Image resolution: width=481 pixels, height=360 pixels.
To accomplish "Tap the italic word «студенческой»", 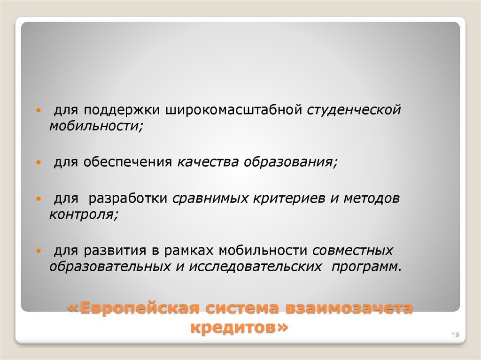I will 355,110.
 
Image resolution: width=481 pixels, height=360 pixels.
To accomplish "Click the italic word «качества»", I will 207,162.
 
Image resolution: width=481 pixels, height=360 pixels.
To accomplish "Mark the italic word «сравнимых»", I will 210,199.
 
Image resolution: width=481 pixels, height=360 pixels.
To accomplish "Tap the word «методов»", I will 371,199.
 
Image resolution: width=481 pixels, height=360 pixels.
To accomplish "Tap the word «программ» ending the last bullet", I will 367,267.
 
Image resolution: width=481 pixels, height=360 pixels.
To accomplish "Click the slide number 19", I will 455,334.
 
